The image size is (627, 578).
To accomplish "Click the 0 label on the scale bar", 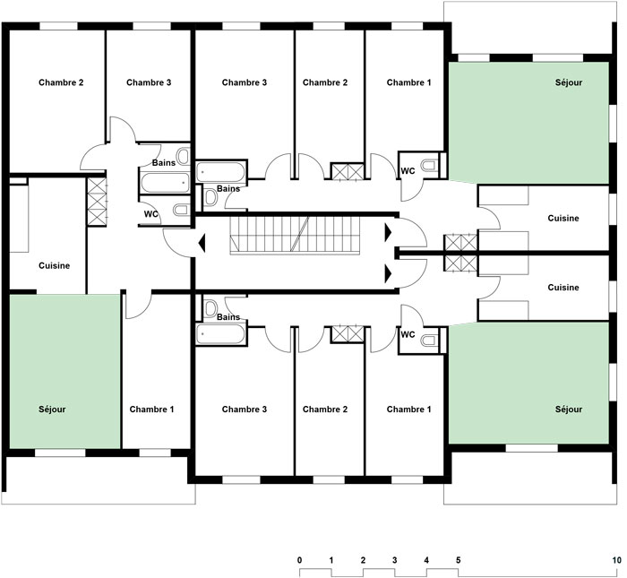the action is [x=299, y=560].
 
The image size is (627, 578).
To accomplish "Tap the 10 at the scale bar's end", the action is [x=617, y=560].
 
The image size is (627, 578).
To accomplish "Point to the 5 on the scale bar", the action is [x=459, y=560].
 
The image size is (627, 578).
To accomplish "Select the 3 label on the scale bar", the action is [x=395, y=560].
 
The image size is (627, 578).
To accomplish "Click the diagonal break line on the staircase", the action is [x=300, y=234].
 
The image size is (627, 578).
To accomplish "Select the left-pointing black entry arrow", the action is [x=202, y=243].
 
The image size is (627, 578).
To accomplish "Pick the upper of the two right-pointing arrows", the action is [x=388, y=233].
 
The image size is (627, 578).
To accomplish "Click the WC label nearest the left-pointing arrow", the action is [x=150, y=214].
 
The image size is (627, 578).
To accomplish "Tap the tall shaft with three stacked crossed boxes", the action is [x=97, y=202].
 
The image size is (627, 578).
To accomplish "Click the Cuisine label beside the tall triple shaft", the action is [x=54, y=265].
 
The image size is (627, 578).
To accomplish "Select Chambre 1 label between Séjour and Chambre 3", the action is [x=151, y=410].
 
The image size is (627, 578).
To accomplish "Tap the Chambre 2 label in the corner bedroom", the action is [x=61, y=82].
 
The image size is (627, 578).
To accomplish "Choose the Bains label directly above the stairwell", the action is [x=228, y=188].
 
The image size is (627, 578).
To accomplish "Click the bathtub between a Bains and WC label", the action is [x=165, y=183].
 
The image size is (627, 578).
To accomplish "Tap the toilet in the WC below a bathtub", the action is [x=181, y=210].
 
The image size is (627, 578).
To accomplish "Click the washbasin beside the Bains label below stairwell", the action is [x=210, y=308].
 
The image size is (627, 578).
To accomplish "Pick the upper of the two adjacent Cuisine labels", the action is [x=563, y=218].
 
